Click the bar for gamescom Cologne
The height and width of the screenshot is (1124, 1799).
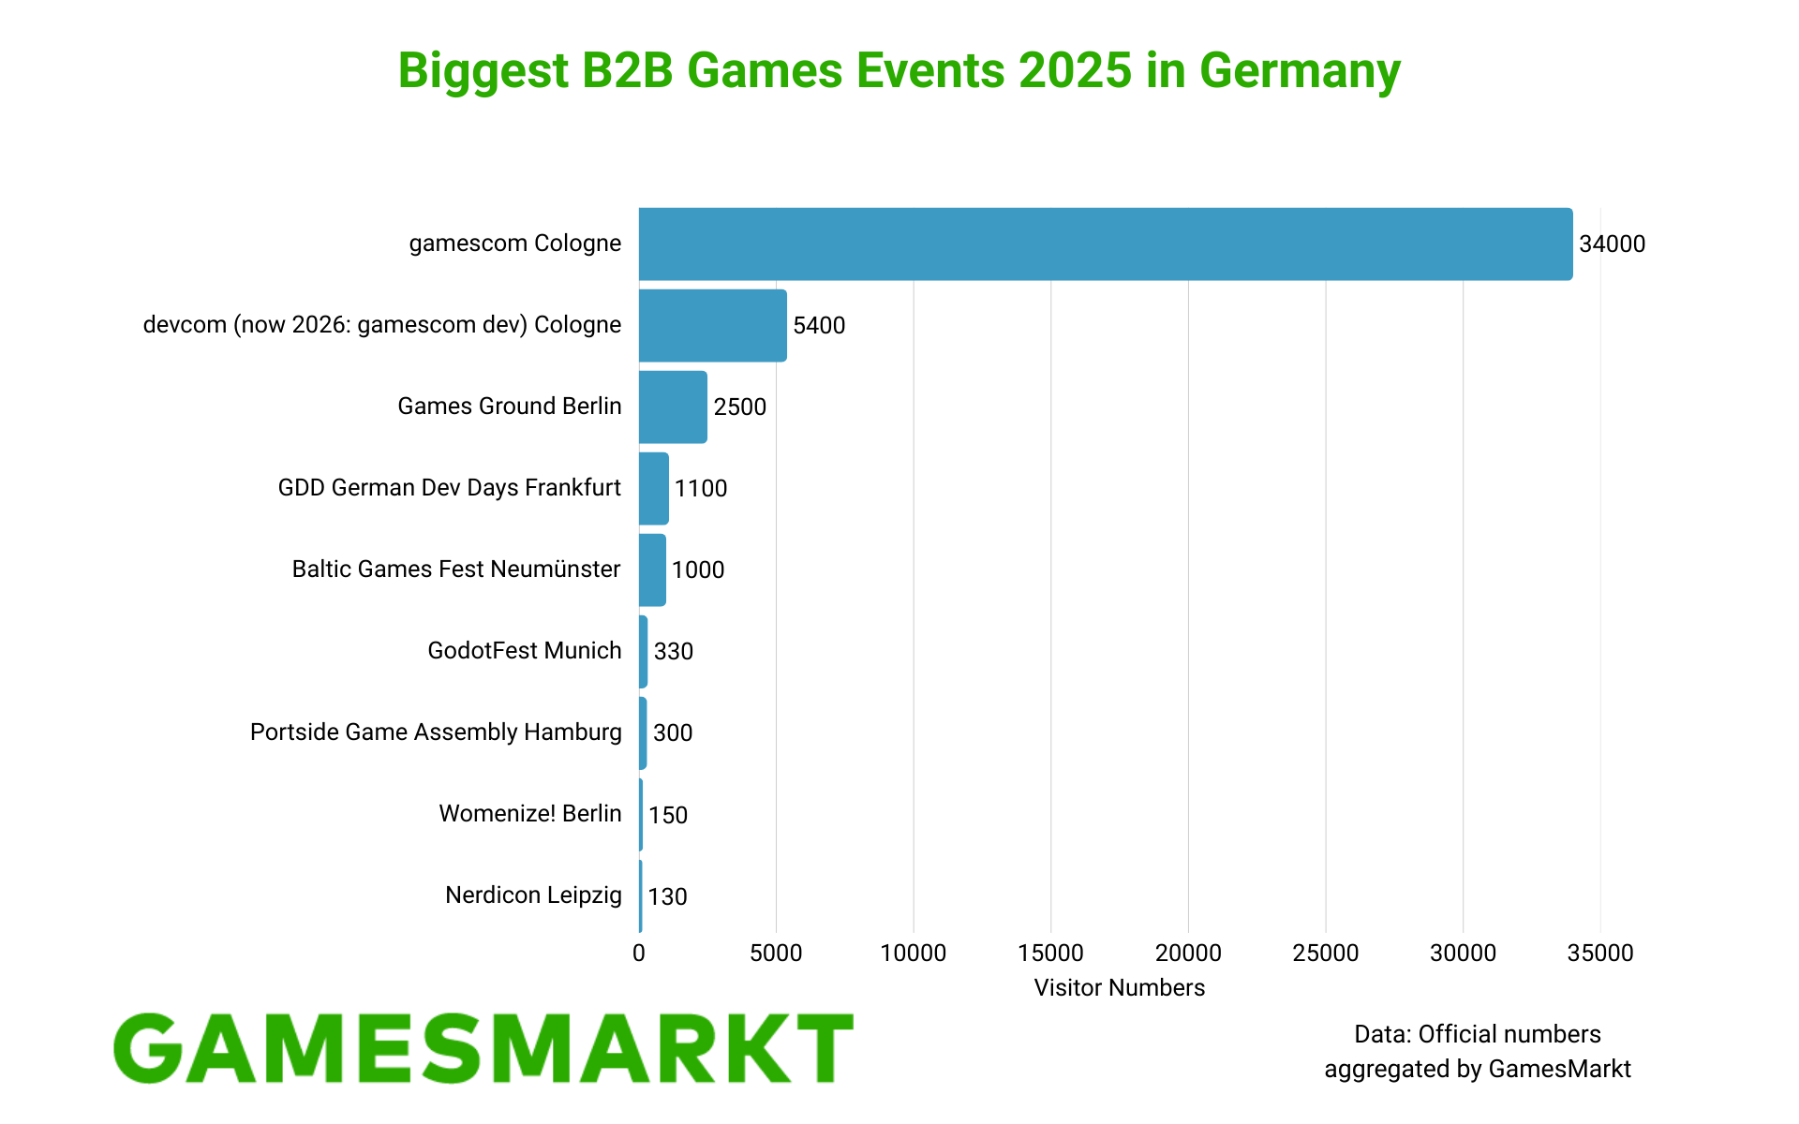pyautogui.click(x=1106, y=244)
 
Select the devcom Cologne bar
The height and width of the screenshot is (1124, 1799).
pyautogui.click(x=712, y=325)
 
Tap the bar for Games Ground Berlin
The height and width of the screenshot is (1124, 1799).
pyautogui.click(x=673, y=407)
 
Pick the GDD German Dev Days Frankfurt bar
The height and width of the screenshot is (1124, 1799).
pyautogui.click(x=654, y=488)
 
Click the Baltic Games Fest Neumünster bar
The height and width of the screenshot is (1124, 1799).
pyautogui.click(x=652, y=569)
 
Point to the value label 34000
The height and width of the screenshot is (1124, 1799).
pyautogui.click(x=1612, y=244)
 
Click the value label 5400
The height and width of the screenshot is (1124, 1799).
pyautogui.click(x=819, y=326)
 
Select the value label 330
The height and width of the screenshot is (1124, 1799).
pyautogui.click(x=674, y=652)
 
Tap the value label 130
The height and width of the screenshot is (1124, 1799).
pyautogui.click(x=667, y=897)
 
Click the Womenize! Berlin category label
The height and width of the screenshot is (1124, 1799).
pyautogui.click(x=530, y=814)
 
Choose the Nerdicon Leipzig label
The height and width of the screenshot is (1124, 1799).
pyautogui.click(x=533, y=895)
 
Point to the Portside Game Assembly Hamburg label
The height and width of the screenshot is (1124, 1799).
pyautogui.click(x=436, y=732)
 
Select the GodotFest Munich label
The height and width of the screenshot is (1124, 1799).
pyautogui.click(x=525, y=651)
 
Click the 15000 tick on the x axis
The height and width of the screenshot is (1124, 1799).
pyautogui.click(x=1050, y=954)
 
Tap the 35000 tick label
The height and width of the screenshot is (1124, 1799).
pyautogui.click(x=1599, y=954)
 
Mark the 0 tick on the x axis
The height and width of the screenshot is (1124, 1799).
pyautogui.click(x=639, y=954)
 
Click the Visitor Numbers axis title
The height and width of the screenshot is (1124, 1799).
pyautogui.click(x=1119, y=988)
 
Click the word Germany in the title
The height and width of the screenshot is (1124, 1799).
pyautogui.click(x=1300, y=71)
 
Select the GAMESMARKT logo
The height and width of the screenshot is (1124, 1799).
pyautogui.click(x=483, y=1049)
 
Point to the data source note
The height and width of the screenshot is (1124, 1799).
pyautogui.click(x=1478, y=1052)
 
